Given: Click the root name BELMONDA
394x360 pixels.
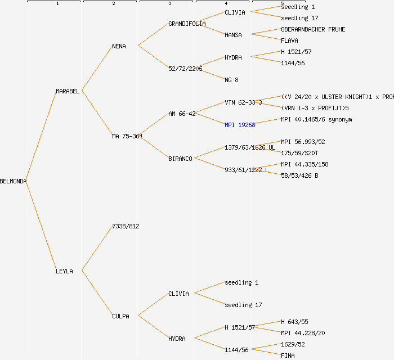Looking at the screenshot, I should (x=14, y=181).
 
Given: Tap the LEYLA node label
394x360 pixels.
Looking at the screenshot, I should (x=64, y=271).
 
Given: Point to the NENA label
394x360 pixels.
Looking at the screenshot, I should (x=119, y=46).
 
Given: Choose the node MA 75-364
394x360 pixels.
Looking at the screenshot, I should (x=127, y=136).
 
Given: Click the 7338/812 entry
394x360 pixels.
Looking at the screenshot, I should (x=126, y=226).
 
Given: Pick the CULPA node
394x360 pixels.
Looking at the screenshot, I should (x=120, y=316).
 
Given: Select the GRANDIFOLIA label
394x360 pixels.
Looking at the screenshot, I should (x=187, y=24).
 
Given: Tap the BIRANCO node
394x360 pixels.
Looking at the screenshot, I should (x=180, y=159).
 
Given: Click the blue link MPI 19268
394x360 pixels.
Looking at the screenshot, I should (x=240, y=125).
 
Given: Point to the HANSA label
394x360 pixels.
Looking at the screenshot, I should (x=233, y=35).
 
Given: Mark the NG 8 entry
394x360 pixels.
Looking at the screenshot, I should (x=231, y=80).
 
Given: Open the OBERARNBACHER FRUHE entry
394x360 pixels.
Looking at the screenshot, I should (x=313, y=29).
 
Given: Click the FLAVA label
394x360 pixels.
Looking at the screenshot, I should (x=289, y=40).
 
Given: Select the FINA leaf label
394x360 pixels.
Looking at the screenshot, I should (x=288, y=355).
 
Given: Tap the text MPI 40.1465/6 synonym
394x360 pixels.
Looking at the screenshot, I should (x=316, y=119).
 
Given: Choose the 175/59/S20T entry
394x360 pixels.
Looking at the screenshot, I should (x=299, y=153).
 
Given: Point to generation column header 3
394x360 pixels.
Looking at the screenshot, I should (x=169, y=4).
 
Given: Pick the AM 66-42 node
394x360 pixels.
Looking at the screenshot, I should (x=182, y=114).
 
